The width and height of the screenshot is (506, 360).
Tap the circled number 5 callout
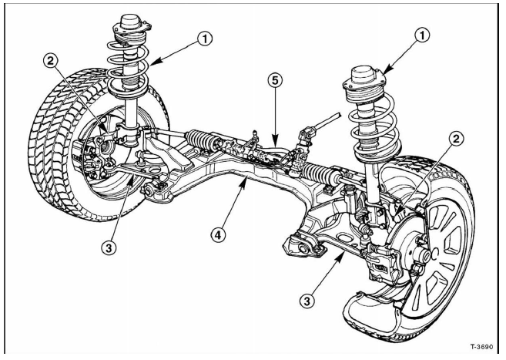[x=273, y=79]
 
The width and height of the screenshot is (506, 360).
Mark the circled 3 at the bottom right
[x=308, y=298]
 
